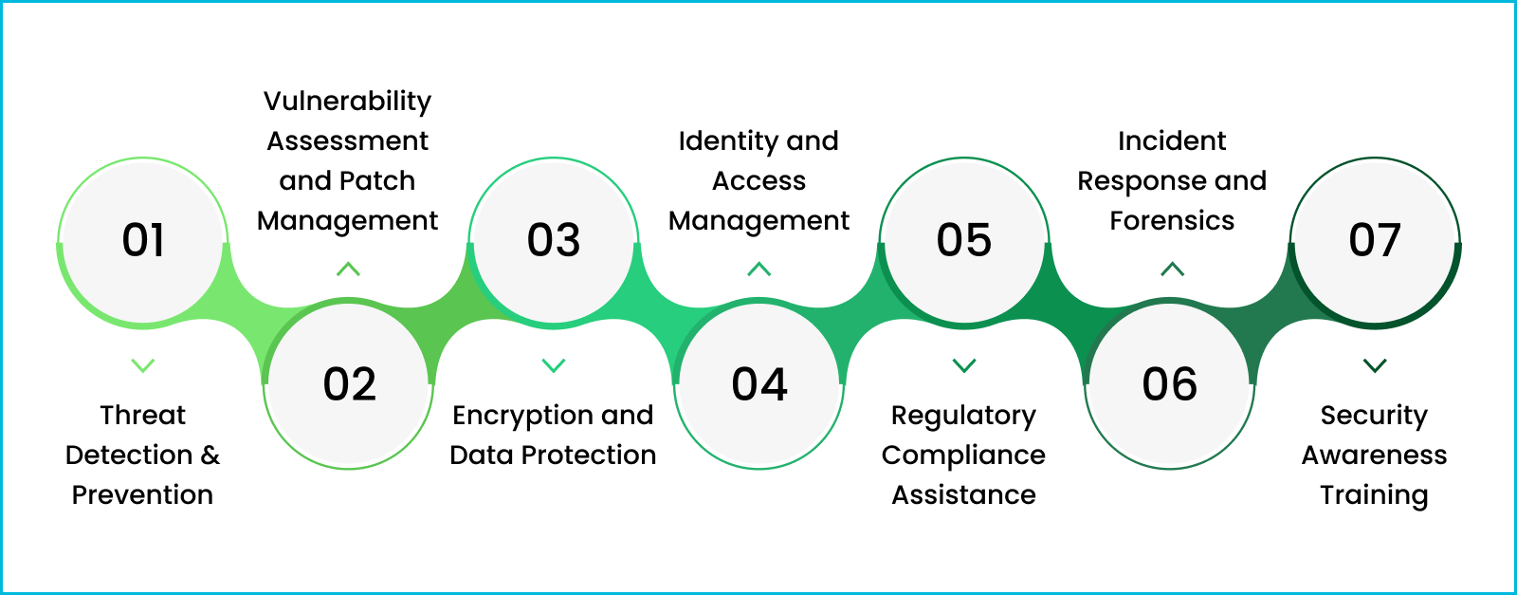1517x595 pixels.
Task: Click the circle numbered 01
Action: (143, 241)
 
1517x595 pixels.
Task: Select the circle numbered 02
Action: (349, 384)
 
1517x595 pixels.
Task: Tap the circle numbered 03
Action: (554, 241)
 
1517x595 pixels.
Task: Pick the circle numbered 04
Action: (759, 384)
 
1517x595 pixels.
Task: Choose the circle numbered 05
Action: (964, 241)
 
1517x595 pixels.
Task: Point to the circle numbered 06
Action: (1170, 384)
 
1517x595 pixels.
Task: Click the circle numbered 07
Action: (1375, 241)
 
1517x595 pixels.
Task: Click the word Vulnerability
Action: (347, 102)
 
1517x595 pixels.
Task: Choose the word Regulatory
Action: (963, 416)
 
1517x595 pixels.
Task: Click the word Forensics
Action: (1172, 221)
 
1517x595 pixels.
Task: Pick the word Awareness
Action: (1374, 456)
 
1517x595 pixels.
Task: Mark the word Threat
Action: (143, 416)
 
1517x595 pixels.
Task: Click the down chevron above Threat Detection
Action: (143, 365)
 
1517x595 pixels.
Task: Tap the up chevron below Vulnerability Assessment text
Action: (348, 270)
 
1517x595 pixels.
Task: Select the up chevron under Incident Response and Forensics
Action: (1173, 270)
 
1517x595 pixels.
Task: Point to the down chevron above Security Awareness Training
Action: (1375, 365)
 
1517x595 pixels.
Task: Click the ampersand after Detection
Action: (210, 456)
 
